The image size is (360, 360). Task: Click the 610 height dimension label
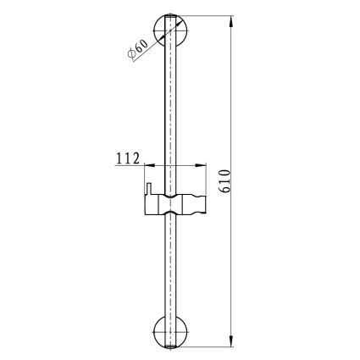point(225,180)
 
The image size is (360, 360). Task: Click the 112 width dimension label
point(128,158)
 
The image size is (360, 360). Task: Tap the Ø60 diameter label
point(137,49)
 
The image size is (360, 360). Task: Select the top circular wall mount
point(170,30)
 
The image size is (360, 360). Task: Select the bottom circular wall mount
point(170,332)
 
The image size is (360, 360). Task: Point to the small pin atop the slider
point(148,189)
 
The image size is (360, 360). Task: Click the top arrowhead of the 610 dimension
point(231,21)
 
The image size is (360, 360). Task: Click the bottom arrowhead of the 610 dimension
point(231,341)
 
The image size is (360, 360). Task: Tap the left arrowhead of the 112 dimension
point(150,165)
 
